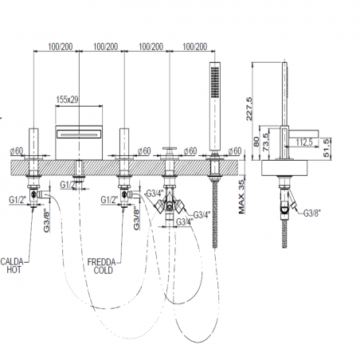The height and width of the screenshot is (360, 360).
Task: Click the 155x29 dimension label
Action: pyautogui.click(x=67, y=100)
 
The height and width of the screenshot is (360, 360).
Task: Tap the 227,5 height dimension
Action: pyautogui.click(x=249, y=108)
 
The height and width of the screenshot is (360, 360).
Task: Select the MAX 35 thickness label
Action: pyautogui.click(x=241, y=197)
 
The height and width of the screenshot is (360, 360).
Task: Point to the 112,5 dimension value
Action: pyautogui.click(x=304, y=143)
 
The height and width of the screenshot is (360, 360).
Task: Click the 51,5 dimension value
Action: pyautogui.click(x=327, y=147)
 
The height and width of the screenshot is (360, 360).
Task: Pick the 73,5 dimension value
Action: pyautogui.click(x=266, y=142)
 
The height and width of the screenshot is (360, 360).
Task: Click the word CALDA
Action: pyautogui.click(x=12, y=262)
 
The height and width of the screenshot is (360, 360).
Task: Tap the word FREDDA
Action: pyautogui.click(x=101, y=262)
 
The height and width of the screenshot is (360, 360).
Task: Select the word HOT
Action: pyautogui.click(x=14, y=270)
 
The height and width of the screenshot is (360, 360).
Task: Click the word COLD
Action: pyautogui.click(x=104, y=271)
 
